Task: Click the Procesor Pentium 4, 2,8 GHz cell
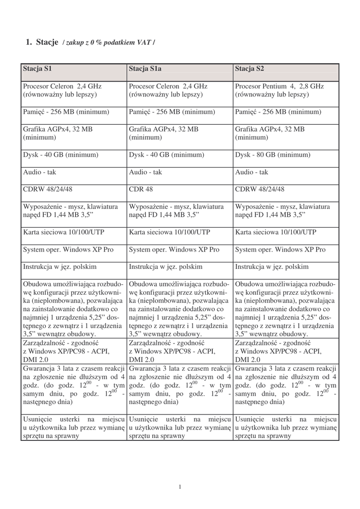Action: pos(279,90)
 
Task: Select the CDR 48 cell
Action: pos(141,189)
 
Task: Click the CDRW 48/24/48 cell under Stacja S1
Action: pos(48,189)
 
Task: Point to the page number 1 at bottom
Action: pos(180,487)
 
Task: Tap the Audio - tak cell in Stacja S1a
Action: pos(145,172)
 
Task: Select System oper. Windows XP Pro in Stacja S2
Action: pos(280,250)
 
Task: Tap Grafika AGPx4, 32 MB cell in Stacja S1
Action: pos(57,133)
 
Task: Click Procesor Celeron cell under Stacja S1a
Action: pos(168,90)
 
